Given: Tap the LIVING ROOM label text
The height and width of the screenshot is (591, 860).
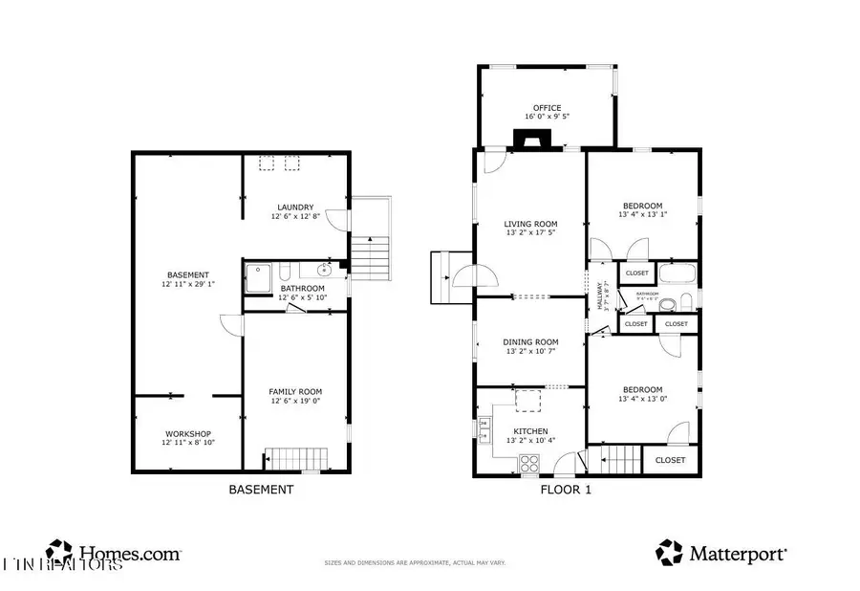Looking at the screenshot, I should click(530, 224).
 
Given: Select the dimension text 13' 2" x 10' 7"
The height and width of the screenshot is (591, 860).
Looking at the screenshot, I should click(531, 351).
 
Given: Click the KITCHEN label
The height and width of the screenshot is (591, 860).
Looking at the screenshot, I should click(531, 431).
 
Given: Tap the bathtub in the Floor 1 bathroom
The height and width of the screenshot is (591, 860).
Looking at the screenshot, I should click(678, 274).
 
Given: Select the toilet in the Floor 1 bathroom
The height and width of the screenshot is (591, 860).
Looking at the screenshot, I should click(684, 303).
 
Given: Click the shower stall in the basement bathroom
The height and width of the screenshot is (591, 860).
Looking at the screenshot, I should click(258, 278).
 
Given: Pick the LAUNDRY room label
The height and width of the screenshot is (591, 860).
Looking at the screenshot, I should click(295, 208).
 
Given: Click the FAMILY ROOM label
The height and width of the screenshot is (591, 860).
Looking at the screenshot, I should click(295, 391).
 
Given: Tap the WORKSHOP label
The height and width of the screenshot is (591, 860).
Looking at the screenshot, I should click(187, 433).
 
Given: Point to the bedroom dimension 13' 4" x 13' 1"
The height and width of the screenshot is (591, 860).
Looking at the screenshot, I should click(642, 215).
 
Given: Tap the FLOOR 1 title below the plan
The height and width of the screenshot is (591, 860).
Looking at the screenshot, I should click(566, 490).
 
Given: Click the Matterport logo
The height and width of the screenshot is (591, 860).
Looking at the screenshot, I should click(721, 553).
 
